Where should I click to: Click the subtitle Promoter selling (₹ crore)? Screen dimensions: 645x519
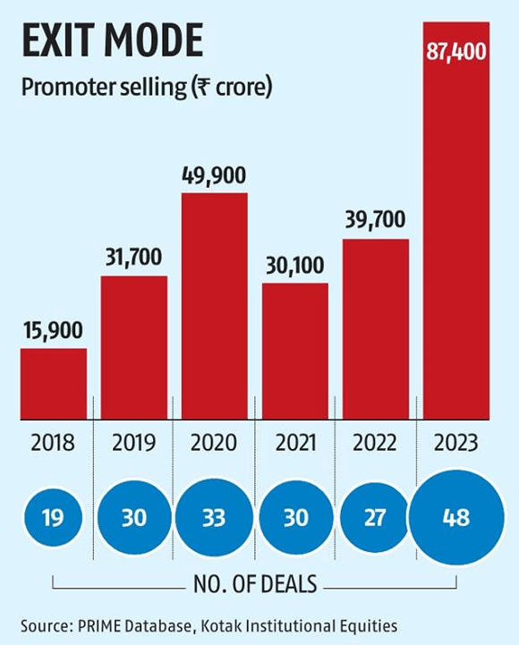144,89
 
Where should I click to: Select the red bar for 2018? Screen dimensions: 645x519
54,383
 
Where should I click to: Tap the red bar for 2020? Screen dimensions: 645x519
215,305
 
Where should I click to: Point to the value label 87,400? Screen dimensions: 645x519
455,52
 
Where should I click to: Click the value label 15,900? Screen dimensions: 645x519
54,330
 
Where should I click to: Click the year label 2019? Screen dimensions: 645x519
134,443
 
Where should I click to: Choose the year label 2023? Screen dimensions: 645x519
455,443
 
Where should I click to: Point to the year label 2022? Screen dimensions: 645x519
376,443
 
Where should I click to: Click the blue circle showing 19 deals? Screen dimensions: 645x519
54,516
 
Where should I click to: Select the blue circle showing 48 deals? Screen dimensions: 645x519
455,516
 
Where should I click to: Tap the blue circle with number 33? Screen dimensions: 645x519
215,516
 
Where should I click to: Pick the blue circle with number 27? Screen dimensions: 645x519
376,516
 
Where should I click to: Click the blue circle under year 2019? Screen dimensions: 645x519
134,516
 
